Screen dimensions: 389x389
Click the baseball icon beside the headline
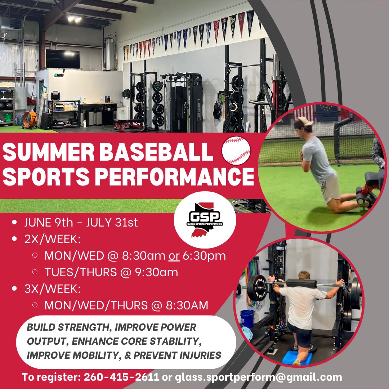click(236, 151)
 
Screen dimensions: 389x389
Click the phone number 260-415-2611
click(121, 377)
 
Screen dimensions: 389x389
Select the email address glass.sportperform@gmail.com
click(258, 377)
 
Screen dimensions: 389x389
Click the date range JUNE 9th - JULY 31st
click(81, 222)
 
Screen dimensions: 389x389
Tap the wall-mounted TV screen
click(62, 59)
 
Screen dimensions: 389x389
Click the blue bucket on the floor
click(247, 318)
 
